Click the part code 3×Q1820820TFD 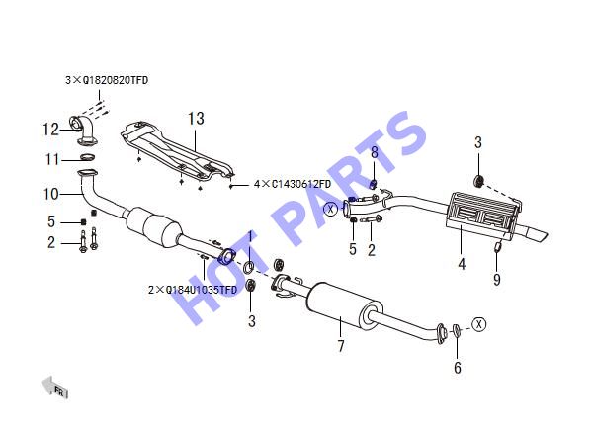pos(107,80)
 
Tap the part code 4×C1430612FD pos(293,184)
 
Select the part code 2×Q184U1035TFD pos(193,290)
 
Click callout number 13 pos(196,119)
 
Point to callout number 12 pos(50,130)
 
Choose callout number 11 pos(52,159)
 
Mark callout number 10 pos(51,194)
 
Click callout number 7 pos(341,346)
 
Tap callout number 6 pos(458,368)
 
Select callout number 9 pos(497,280)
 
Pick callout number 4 pos(462,264)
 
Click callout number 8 pos(375,153)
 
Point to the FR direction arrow pos(54,387)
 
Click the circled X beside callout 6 pos(479,324)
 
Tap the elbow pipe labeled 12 pos(85,130)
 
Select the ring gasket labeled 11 pos(87,156)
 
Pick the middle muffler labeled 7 pos(345,304)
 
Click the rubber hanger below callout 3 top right pos(479,181)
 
